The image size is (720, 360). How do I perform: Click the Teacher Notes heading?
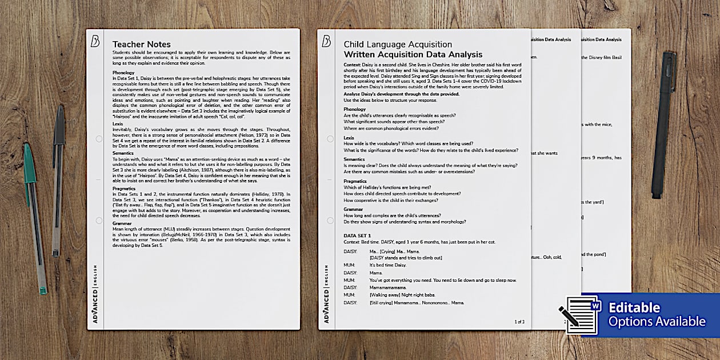pos(141,45)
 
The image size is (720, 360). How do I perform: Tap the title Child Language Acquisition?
pos(398,44)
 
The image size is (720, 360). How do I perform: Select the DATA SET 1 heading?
pos(357,235)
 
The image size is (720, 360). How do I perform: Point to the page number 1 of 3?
pos(519,322)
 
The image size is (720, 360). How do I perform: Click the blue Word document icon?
pos(581,314)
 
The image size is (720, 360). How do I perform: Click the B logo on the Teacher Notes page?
pos(95,41)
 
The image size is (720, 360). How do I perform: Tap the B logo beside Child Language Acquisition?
pos(326,41)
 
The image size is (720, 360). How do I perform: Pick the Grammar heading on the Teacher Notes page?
pos(123,225)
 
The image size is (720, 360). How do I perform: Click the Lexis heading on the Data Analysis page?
pos(349,138)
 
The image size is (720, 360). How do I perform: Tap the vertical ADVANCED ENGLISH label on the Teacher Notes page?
pos(95,294)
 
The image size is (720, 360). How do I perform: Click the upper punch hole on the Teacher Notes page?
pos(99,139)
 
